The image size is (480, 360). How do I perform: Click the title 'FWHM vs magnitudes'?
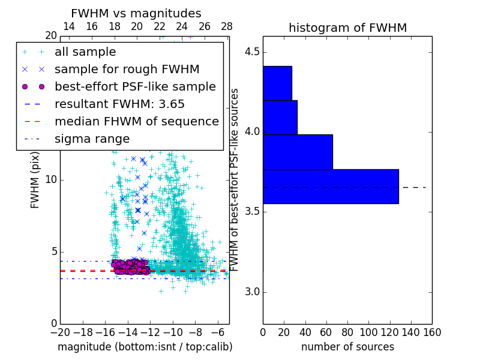tap(136, 14)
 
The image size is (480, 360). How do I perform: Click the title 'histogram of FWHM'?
tap(347, 28)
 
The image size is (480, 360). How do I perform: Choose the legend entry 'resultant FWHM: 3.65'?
tap(119, 104)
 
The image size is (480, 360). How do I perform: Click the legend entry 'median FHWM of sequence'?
tap(136, 122)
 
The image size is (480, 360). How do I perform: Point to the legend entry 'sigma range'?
tap(92, 139)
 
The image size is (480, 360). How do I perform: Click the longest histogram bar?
tap(331, 187)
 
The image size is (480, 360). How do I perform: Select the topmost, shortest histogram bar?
tap(277, 83)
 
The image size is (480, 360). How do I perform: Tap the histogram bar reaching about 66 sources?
tap(298, 152)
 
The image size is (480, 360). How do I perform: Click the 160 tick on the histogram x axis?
tap(431, 332)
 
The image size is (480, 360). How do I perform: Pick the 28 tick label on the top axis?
tap(227, 27)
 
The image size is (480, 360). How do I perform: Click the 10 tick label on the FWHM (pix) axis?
tap(51, 180)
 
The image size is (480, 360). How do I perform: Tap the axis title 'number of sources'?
tap(347, 347)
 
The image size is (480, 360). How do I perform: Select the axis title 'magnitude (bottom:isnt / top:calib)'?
tap(145, 347)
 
